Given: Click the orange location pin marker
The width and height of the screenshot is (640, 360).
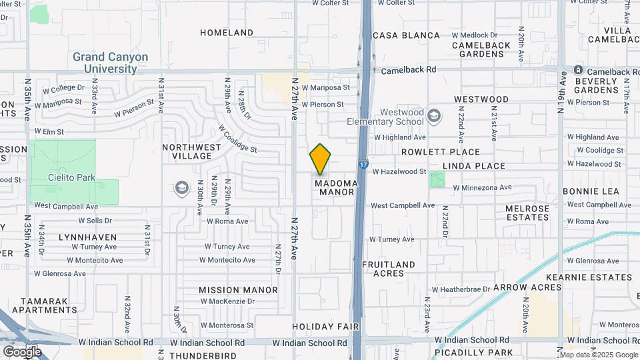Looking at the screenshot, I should (320, 159).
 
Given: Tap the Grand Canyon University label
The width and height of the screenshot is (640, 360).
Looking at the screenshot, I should (111, 63).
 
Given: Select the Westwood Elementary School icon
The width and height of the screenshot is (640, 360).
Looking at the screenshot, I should (434, 117).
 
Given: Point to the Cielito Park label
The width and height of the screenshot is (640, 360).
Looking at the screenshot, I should (73, 177).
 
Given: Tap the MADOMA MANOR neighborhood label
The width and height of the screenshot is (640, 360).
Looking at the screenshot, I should (337, 187).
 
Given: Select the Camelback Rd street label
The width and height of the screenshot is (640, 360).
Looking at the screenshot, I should (408, 69).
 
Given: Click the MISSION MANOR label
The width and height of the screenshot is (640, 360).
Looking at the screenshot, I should (238, 290).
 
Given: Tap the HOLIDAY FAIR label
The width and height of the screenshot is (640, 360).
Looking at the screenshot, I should (326, 327).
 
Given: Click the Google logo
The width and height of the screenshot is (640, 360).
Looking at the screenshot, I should (22, 351).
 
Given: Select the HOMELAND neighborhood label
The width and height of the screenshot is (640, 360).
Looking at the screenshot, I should (227, 33).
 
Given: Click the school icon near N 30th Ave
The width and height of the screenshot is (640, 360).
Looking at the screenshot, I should (182, 188).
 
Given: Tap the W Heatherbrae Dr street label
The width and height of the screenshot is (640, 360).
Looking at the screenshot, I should (461, 289).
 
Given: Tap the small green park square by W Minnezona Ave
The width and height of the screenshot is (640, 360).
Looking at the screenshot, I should (437, 179).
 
